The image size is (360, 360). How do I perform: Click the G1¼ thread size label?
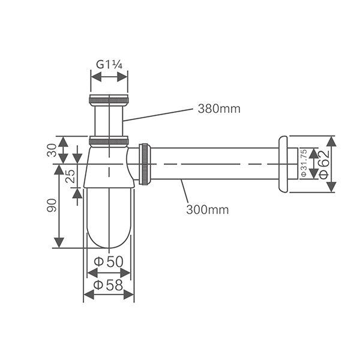(109, 64)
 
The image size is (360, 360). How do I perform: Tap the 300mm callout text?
(207, 209)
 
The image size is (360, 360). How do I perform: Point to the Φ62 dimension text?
(323, 163)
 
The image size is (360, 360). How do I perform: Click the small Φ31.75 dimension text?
(304, 163)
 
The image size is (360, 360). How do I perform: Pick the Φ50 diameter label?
(109, 262)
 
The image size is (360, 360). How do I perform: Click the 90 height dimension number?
(51, 206)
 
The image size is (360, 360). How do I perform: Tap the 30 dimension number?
(51, 149)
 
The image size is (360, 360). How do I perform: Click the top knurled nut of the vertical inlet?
(109, 100)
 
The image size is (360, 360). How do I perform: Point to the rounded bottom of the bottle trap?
(109, 237)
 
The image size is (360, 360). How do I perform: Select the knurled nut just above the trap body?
(109, 142)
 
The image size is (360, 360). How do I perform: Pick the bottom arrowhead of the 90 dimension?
(59, 242)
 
